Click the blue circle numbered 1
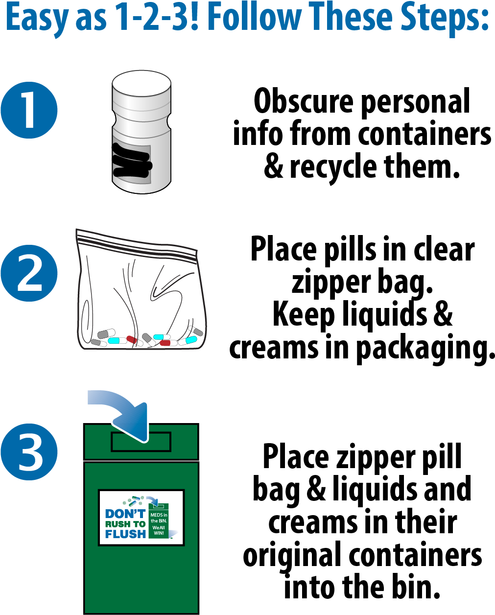pos(29,110)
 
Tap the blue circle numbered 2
pos(29,273)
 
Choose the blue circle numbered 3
pos(29,451)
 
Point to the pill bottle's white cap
pos(141,83)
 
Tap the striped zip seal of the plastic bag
pos(137,245)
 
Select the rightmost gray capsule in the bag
pos(197,331)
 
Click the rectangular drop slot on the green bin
pos(141,442)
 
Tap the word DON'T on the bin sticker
pos(125,514)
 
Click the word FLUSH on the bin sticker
pos(125,534)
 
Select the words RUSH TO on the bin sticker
pos(125,524)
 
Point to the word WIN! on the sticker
pos(159,532)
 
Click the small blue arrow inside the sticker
pos(153,500)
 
